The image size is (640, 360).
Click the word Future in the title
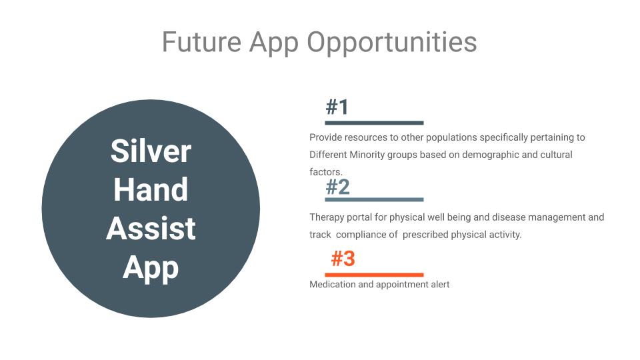201,42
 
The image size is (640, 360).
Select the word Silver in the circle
151,151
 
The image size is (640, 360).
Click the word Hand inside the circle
151,189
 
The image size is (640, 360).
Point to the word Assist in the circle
151,228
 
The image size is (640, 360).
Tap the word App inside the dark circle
151,269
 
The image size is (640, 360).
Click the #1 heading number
337,107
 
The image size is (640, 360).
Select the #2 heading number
338,187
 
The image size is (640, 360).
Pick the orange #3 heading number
343,259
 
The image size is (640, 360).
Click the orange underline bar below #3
374,275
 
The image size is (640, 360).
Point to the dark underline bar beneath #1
374,123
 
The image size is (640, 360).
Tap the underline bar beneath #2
374,199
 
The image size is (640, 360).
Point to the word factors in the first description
326,172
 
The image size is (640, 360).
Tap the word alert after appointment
440,284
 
